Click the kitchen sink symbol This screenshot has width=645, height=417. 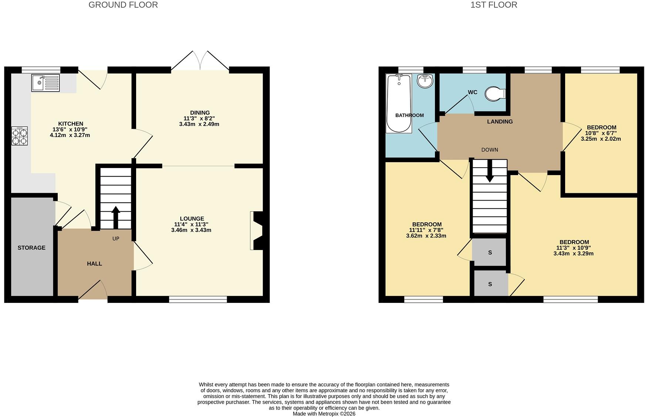tap(45, 83)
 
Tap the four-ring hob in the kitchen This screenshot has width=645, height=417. tap(20, 136)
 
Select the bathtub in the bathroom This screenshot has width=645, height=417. tap(399, 103)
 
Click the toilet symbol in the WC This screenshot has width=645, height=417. tap(495, 94)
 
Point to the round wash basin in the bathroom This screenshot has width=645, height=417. tap(425, 81)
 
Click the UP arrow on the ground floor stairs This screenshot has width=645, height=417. tap(116, 218)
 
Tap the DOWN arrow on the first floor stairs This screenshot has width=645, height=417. tap(490, 171)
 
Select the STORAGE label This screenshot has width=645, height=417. tap(31, 248)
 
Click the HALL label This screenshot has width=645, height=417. tap(94, 264)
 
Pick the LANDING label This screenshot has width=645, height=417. tap(500, 122)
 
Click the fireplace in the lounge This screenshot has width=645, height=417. tap(256, 230)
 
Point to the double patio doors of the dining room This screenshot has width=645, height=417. tap(200, 60)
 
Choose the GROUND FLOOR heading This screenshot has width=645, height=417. tap(123, 5)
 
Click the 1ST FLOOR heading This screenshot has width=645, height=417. tap(494, 5)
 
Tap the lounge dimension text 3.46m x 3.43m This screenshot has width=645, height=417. tap(191, 230)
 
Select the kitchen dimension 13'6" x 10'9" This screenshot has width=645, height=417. tap(70, 130)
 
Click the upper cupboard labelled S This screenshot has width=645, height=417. tap(490, 252)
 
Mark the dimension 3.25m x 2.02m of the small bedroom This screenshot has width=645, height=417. tap(601, 139)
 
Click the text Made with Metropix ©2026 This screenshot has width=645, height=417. tap(324, 414)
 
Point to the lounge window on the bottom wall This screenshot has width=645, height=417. tap(198, 300)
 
